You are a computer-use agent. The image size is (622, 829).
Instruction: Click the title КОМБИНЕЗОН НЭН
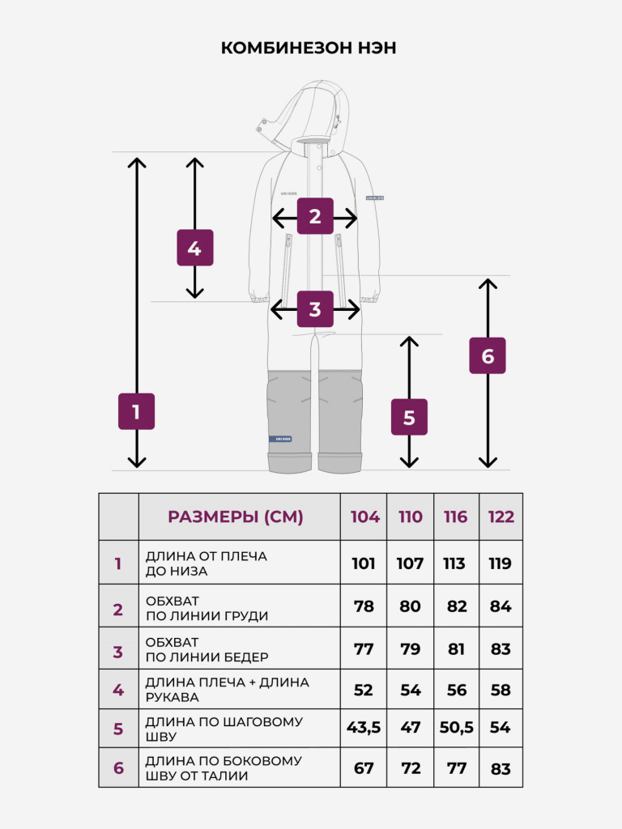pos(309,48)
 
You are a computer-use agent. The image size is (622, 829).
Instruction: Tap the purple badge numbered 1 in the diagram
pos(136,411)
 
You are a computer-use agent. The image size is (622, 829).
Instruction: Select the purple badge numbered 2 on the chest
pos(315,215)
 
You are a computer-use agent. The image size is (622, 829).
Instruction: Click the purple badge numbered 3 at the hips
pos(315,309)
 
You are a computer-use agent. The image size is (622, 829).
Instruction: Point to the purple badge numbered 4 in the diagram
pos(195,248)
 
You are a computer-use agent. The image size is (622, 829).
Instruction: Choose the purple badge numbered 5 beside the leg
pos(409,417)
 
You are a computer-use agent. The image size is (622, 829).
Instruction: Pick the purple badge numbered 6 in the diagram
pos(488,356)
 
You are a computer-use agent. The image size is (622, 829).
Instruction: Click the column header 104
pos(365,517)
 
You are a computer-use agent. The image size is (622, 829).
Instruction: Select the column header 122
pos(501,517)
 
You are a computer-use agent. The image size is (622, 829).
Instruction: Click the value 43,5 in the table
pos(364,728)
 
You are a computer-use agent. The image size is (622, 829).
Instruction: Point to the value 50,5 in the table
pos(457,728)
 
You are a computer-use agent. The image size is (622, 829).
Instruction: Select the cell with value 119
pos(500,563)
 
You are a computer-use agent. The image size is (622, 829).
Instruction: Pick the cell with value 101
pos(364,563)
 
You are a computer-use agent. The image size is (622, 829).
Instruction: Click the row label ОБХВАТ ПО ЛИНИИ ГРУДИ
pos(207,609)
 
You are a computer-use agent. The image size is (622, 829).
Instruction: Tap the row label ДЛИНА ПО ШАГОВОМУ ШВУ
pos(224,729)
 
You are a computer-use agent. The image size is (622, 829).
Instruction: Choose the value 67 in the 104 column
pos(364,767)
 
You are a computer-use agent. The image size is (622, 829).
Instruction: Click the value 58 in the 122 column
pos(501,690)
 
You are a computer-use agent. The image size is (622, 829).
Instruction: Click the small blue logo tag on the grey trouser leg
pos(280,439)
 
